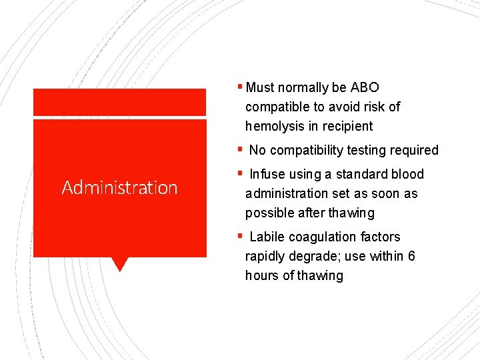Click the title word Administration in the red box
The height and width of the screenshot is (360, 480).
pos(119,188)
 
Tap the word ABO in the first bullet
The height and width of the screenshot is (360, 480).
pos(363,87)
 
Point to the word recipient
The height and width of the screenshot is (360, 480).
pos(348,126)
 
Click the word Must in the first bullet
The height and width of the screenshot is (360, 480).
pos(261,87)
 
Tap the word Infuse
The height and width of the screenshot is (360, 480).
pos(267,174)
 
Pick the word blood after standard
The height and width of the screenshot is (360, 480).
pos(408,174)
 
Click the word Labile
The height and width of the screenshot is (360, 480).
pos(267,237)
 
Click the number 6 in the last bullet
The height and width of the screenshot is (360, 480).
pos(411,256)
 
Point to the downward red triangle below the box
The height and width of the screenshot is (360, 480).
pos(119,265)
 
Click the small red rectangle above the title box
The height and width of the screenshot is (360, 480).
pos(119,102)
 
